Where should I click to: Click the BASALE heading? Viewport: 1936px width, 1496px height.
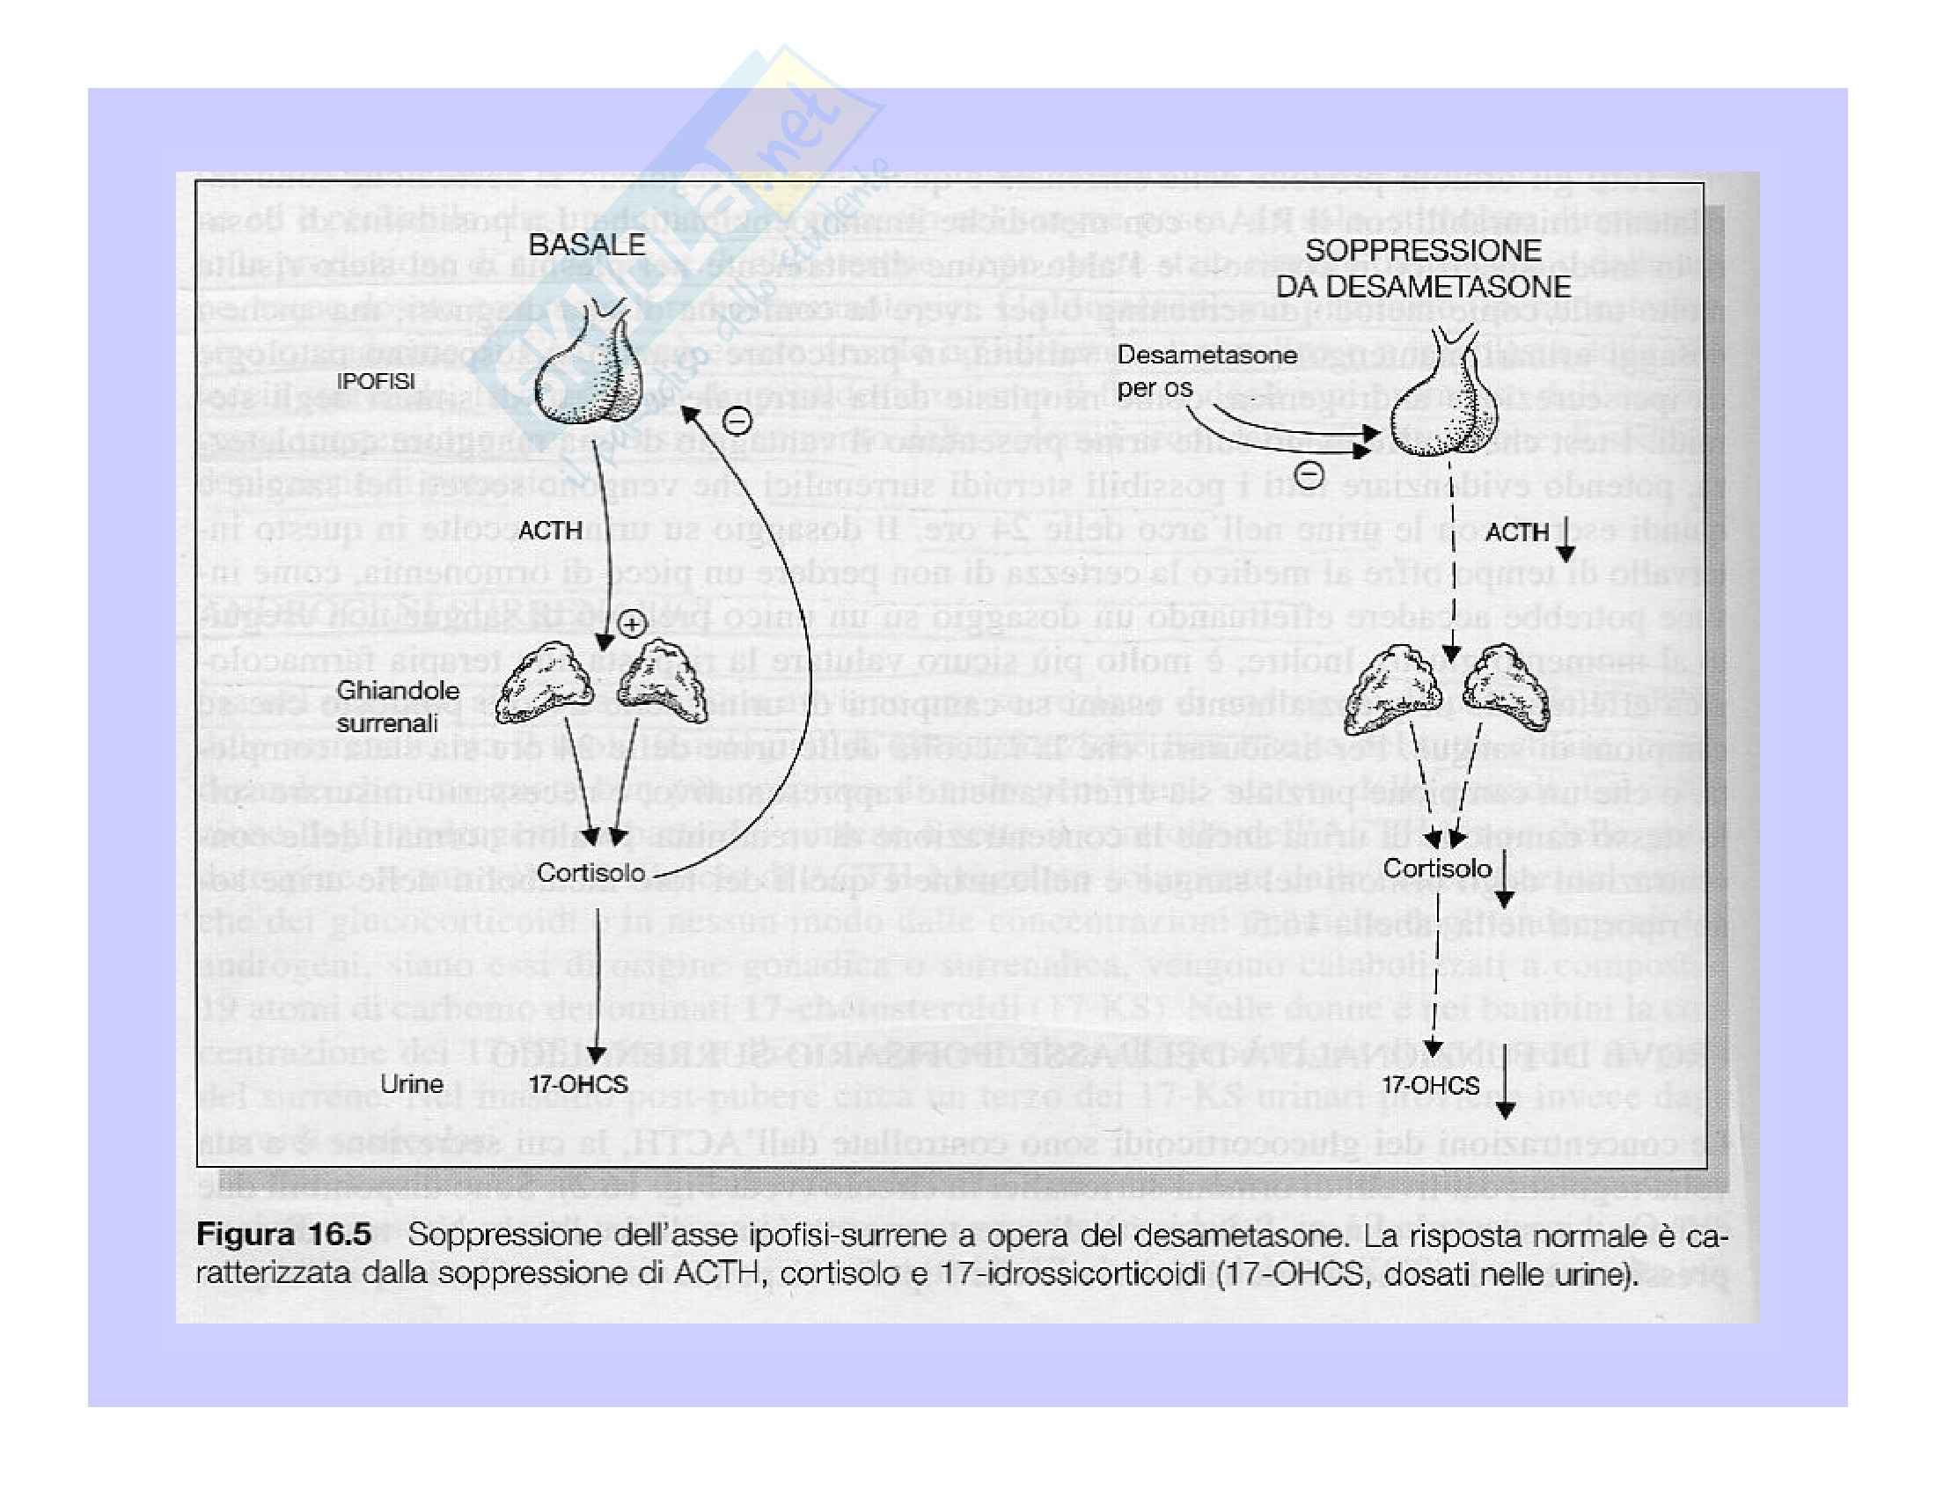587,245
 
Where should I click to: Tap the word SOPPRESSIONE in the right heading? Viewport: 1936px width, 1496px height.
1423,250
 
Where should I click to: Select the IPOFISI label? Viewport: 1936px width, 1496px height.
377,382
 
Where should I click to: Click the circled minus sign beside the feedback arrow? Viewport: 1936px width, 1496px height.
737,419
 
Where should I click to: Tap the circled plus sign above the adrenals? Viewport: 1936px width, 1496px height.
630,625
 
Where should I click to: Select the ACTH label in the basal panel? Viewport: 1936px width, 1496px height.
550,530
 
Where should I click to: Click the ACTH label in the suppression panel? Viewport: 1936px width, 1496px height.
1517,532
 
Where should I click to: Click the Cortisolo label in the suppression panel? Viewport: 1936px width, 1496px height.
1437,868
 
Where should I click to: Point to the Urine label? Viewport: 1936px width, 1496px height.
411,1084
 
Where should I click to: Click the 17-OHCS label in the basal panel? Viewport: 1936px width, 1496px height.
578,1084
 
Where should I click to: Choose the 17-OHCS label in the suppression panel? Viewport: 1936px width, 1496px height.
1431,1085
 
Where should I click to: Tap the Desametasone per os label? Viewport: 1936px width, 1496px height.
1206,370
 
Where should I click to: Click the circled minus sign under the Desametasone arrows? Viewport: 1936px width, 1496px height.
1309,475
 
